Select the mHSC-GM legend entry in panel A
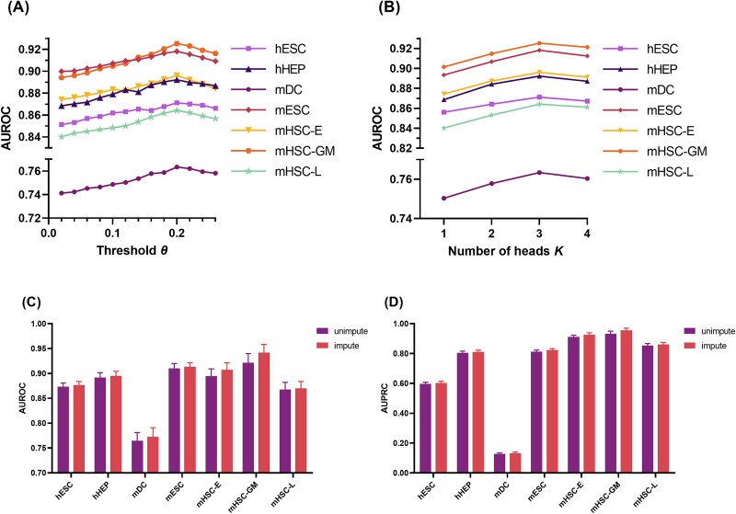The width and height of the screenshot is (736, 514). (x=282, y=151)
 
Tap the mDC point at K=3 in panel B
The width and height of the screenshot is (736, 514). (x=539, y=173)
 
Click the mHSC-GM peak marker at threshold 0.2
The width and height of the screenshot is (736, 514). (x=177, y=43)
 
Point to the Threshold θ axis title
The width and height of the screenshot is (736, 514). (x=132, y=250)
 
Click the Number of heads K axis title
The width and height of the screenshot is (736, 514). (x=505, y=251)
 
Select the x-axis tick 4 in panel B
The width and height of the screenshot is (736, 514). (x=587, y=233)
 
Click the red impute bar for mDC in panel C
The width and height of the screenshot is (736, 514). (x=153, y=455)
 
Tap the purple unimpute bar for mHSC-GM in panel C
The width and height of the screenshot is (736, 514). (x=248, y=417)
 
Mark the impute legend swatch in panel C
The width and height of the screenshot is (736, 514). (x=323, y=346)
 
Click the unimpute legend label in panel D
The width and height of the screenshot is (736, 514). (x=719, y=331)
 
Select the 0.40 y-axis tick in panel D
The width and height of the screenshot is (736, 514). (x=402, y=413)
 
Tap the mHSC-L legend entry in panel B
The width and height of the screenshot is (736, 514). (x=649, y=172)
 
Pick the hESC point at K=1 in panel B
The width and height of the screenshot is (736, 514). (x=443, y=112)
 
